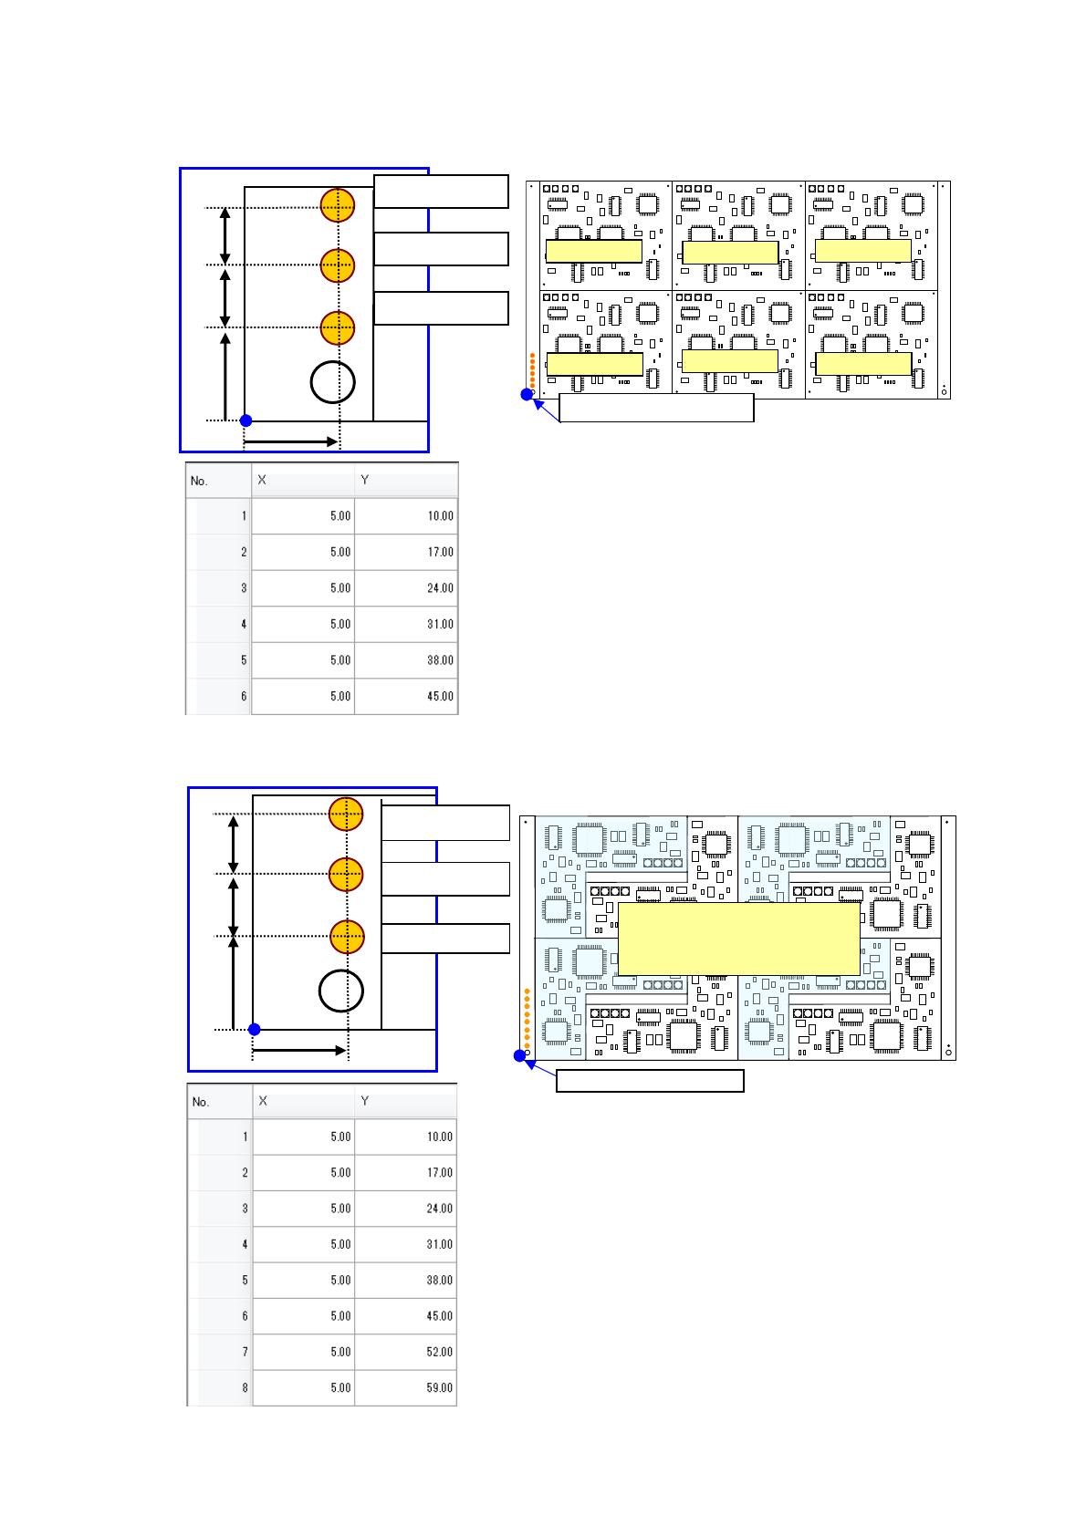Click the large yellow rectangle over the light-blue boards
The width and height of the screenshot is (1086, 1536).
click(738, 939)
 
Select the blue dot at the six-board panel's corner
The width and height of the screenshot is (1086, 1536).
click(527, 395)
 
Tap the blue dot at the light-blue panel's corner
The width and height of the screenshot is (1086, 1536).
click(520, 1056)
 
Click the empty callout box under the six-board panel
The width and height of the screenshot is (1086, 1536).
click(656, 408)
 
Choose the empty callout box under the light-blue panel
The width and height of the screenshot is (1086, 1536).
click(650, 1081)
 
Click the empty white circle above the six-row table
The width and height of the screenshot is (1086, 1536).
click(332, 382)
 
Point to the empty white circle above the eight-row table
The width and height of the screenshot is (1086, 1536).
click(341, 991)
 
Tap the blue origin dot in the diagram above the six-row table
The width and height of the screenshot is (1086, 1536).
click(245, 420)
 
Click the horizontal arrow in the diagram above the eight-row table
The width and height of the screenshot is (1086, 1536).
click(298, 1051)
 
